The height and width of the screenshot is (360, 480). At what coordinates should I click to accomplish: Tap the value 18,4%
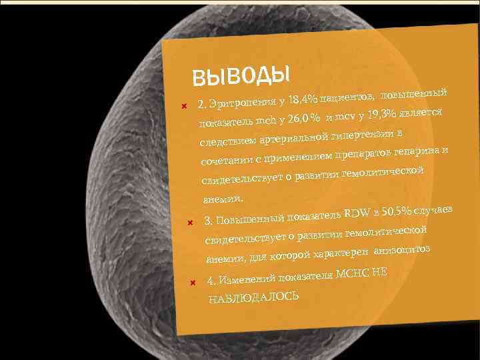299,99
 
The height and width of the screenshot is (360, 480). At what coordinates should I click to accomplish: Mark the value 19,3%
386,114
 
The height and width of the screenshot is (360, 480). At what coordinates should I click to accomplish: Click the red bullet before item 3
189,222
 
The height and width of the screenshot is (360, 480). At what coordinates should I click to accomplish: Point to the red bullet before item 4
192,282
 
